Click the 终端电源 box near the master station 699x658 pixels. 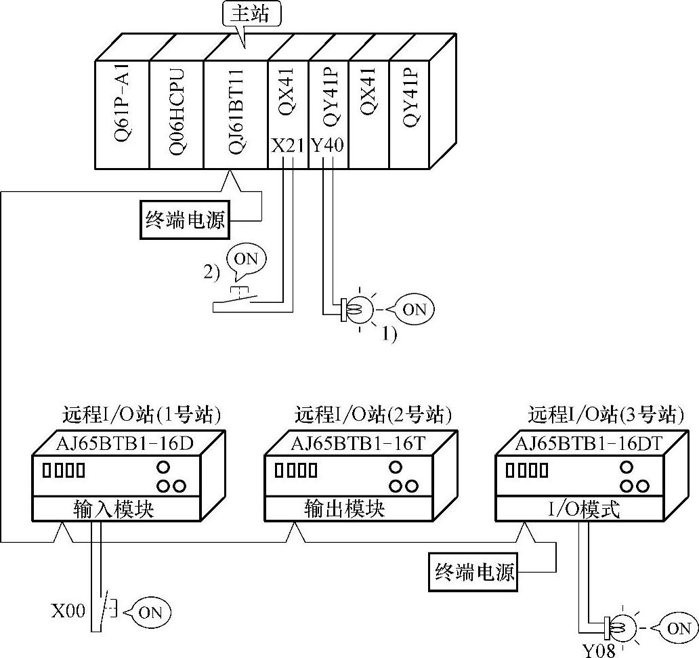(185, 220)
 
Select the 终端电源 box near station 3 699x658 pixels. (475, 572)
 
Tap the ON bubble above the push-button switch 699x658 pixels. (247, 259)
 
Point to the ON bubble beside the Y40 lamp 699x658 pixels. (414, 309)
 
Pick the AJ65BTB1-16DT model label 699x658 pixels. (589, 444)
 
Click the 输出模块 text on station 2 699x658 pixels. (345, 508)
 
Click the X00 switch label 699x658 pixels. (68, 612)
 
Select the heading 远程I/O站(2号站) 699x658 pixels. (373, 413)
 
